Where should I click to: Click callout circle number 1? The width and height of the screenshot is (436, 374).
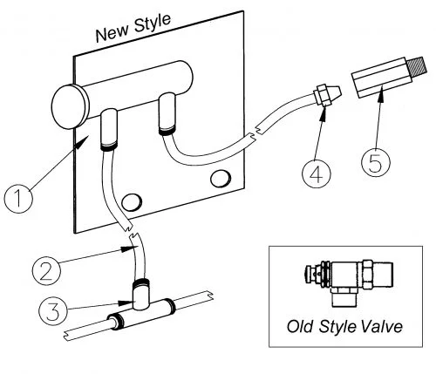pos(18,199)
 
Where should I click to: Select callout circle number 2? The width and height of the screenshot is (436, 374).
pos(46,271)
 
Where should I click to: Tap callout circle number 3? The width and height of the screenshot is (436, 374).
pos(53,311)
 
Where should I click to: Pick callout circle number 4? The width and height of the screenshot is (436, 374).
pos(317,173)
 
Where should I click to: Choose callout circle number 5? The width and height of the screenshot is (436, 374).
pos(376,162)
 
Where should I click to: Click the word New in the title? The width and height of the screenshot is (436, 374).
pos(112,33)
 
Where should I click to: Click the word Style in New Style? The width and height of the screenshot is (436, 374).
pos(152,24)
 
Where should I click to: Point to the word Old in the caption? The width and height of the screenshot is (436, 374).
pos(301,326)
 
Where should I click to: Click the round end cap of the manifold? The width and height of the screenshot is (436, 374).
pos(70,106)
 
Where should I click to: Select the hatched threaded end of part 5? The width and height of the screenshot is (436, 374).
pos(417,66)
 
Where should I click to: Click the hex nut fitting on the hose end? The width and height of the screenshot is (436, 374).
pos(323,95)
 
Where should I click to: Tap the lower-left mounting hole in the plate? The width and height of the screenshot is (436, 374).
pos(132,202)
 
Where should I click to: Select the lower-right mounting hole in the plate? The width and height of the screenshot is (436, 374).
pos(221,179)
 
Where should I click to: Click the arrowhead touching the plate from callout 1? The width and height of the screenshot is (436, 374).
pos(81,143)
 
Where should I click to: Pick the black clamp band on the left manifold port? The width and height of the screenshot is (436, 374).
pos(109,146)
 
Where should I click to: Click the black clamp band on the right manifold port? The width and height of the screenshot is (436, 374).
pos(167,132)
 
